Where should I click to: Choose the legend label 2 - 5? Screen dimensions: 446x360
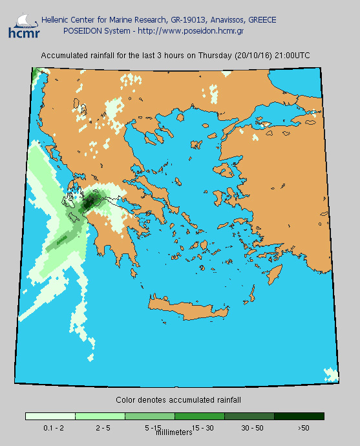click(x=102, y=428)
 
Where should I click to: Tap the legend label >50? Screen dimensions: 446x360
click(x=303, y=428)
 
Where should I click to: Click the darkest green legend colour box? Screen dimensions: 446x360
click(x=299, y=416)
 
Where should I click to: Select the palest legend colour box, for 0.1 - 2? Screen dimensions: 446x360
click(x=50, y=416)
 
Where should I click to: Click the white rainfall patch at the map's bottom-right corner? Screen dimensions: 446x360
click(x=331, y=374)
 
